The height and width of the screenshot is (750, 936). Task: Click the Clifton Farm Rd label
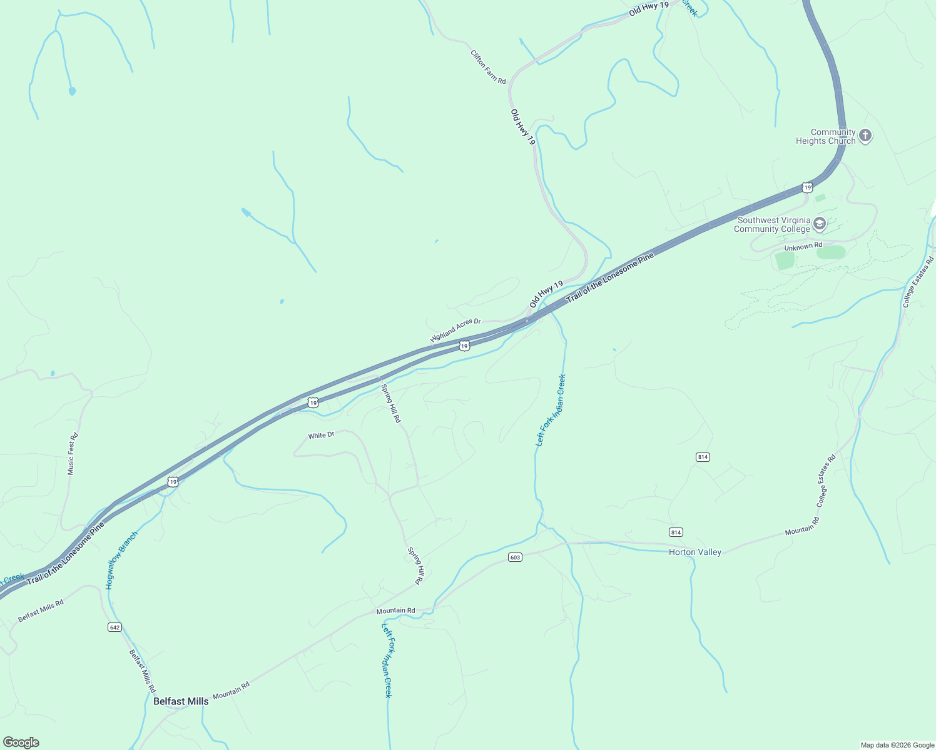tap(488, 67)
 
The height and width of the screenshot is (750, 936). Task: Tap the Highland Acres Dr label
tap(455, 329)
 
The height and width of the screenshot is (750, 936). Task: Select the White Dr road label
tap(321, 435)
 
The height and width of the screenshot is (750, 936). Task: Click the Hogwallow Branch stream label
tap(121, 560)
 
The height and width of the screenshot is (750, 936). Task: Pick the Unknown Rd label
tap(803, 247)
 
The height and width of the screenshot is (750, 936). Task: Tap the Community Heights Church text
tap(825, 136)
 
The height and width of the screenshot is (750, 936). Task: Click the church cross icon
tap(865, 136)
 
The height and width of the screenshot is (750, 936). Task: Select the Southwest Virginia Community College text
tap(773, 224)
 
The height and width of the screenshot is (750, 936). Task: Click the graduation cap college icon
tap(819, 224)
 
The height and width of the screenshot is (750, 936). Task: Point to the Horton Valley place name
tap(694, 552)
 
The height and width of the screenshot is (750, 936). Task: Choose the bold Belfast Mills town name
tap(181, 701)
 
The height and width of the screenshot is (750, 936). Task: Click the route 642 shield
tap(114, 627)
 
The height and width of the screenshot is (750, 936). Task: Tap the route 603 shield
tap(515, 557)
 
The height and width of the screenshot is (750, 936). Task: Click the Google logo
tap(21, 742)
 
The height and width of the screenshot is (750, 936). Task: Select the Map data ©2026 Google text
tap(897, 745)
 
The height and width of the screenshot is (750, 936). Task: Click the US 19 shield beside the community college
tap(807, 187)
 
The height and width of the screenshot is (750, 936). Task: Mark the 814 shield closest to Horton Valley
tap(676, 532)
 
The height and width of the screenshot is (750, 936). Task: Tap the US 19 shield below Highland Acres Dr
tap(464, 346)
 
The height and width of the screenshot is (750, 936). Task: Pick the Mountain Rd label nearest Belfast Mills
tap(231, 691)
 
